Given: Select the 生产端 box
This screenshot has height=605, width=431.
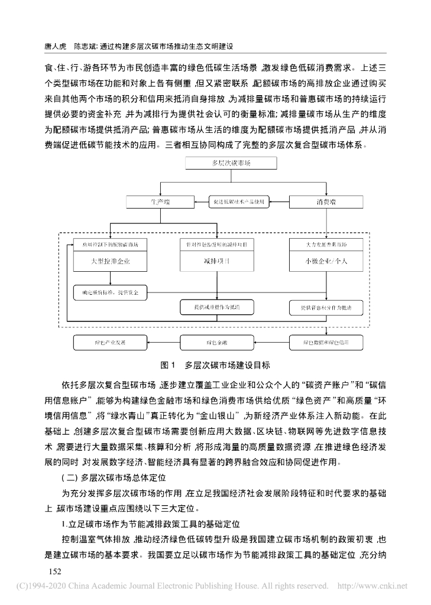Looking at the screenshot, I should point(160,203).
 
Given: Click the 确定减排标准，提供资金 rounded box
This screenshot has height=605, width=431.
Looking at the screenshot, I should point(111,292).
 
